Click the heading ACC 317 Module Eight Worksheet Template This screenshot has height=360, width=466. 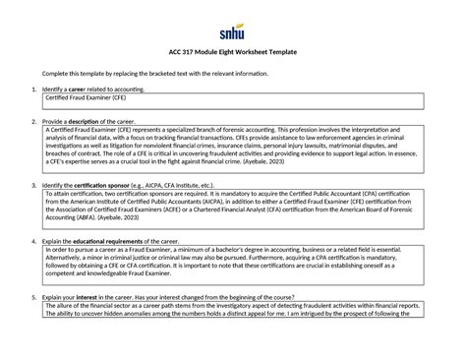pos(233,52)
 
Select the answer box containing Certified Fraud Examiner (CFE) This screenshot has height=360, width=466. pos(233,100)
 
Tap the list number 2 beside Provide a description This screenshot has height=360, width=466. pos(34,122)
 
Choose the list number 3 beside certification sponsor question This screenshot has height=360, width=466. pos(34,185)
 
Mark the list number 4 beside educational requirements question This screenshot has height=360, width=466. pos(34,240)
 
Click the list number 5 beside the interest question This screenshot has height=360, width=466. pos(34,296)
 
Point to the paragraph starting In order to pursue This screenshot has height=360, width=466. pos(233,267)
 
